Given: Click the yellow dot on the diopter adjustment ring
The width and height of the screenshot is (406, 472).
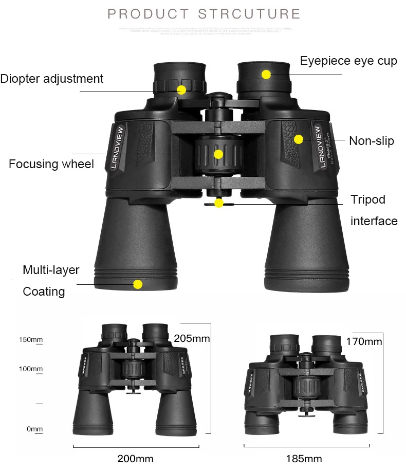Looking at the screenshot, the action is tap(181, 90).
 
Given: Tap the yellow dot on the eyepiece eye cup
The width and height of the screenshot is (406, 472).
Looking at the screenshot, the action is tap(266, 74).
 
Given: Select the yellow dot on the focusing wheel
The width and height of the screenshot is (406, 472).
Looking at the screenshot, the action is tap(218, 154).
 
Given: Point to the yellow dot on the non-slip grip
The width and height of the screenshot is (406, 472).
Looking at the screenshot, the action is tap(299, 139).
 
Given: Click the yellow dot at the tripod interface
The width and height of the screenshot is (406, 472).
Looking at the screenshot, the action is tap(219, 203).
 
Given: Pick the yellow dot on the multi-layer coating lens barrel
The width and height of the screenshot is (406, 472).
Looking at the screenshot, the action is tap(137, 284).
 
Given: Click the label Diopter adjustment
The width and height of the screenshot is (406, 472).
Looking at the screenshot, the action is tap(52, 79).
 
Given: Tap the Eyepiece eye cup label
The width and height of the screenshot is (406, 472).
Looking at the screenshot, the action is tap(348, 61).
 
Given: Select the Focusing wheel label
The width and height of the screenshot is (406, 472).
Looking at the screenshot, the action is tap(51, 164).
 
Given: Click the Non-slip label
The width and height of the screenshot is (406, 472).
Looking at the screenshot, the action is tap(372, 141).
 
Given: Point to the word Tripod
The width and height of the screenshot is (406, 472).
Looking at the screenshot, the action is tap(367, 199).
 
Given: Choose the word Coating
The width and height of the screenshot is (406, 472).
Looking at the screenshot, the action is tap(44, 292).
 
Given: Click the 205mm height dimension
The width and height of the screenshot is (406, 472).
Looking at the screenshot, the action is tap(192, 338).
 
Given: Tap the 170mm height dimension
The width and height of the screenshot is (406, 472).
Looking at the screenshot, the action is tap(364, 341).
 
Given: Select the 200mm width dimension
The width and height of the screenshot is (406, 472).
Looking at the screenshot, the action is tap(136, 459).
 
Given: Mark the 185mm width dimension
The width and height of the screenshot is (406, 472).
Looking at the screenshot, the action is tap(304, 459).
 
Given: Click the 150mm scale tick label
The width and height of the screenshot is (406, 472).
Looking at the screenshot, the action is tap(30, 339).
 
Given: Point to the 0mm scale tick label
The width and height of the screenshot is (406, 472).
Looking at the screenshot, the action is tap(34, 429).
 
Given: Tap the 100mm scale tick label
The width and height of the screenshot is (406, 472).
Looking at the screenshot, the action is tap(30, 369).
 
